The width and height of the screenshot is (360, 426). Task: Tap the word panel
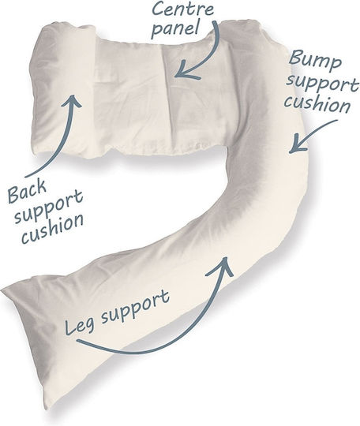coord(174,29)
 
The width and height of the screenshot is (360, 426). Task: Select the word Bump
coord(315,59)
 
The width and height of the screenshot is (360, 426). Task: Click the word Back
coord(27,191)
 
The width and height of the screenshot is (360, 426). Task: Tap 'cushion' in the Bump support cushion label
coord(317,105)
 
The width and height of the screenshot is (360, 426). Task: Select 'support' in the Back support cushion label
coord(49,207)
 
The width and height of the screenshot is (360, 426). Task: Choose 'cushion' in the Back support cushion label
coord(52,228)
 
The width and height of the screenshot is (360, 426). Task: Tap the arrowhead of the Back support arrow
coord(73,100)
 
